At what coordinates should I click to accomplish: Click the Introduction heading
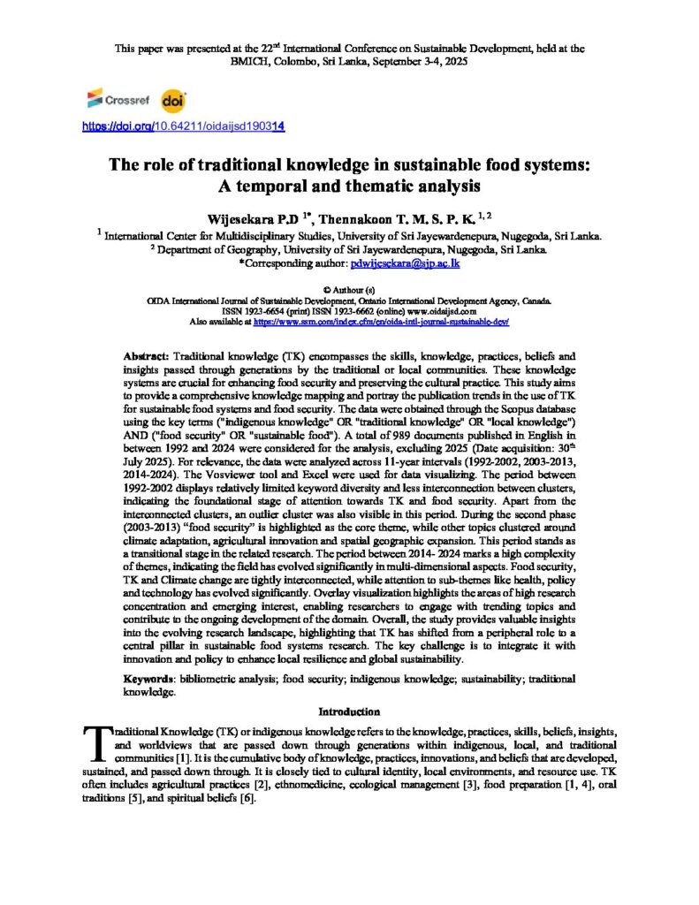click(349, 711)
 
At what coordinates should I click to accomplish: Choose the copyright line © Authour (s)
click(349, 289)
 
